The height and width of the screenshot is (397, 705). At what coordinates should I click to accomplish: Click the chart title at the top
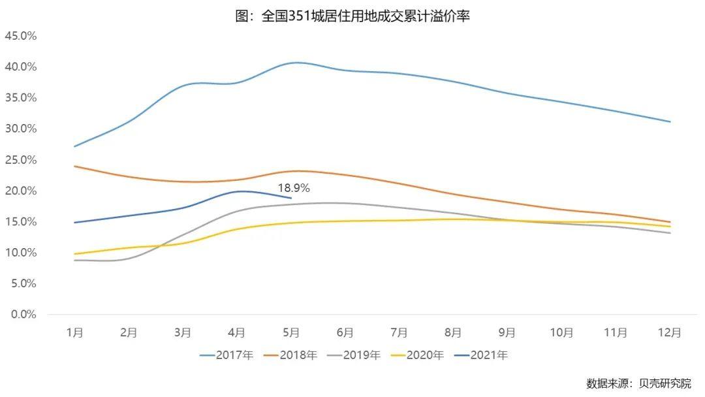coord(352,16)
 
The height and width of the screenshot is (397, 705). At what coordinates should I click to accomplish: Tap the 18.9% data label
coord(294,188)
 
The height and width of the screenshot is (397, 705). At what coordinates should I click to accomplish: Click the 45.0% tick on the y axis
coord(21,35)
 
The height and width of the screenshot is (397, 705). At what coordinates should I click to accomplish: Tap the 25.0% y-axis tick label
coord(21,159)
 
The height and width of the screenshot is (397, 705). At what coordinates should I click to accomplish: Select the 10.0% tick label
coord(21,253)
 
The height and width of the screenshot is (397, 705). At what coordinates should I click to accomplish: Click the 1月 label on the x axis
coord(74,332)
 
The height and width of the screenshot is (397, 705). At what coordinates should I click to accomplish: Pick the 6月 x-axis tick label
coord(345,332)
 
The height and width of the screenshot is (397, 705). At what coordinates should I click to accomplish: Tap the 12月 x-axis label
coord(670,332)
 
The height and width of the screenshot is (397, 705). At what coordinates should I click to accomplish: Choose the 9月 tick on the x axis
coord(507,332)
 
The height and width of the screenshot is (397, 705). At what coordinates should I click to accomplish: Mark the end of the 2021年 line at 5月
coord(291,198)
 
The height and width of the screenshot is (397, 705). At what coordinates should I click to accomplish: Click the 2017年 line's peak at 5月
coord(295,63)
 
